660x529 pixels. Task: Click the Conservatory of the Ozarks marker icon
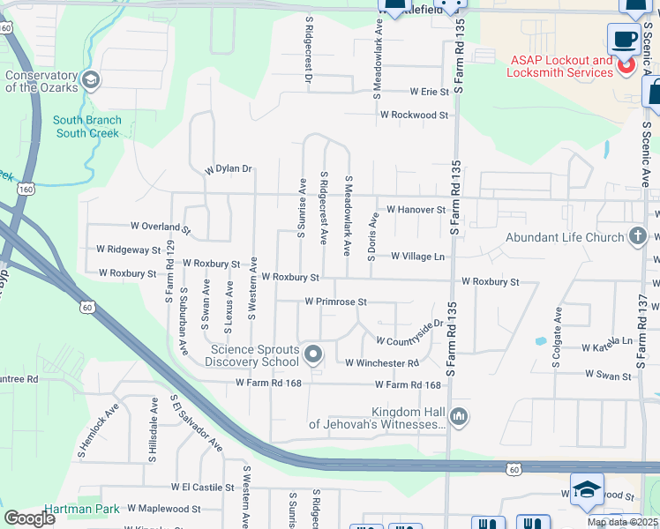click(90, 82)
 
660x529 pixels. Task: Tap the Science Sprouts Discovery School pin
click(313, 355)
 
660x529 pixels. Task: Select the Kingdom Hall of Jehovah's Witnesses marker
click(458, 416)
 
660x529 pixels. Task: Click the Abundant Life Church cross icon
click(638, 236)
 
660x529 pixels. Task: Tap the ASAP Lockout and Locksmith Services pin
click(626, 64)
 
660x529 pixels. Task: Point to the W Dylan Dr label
click(229, 168)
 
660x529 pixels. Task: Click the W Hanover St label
click(416, 210)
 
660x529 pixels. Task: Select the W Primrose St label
click(335, 302)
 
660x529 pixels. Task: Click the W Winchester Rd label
click(381, 362)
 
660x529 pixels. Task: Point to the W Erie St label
click(429, 92)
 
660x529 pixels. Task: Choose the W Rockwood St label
click(414, 115)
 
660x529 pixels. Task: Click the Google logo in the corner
click(29, 518)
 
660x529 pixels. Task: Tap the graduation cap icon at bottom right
click(586, 489)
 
